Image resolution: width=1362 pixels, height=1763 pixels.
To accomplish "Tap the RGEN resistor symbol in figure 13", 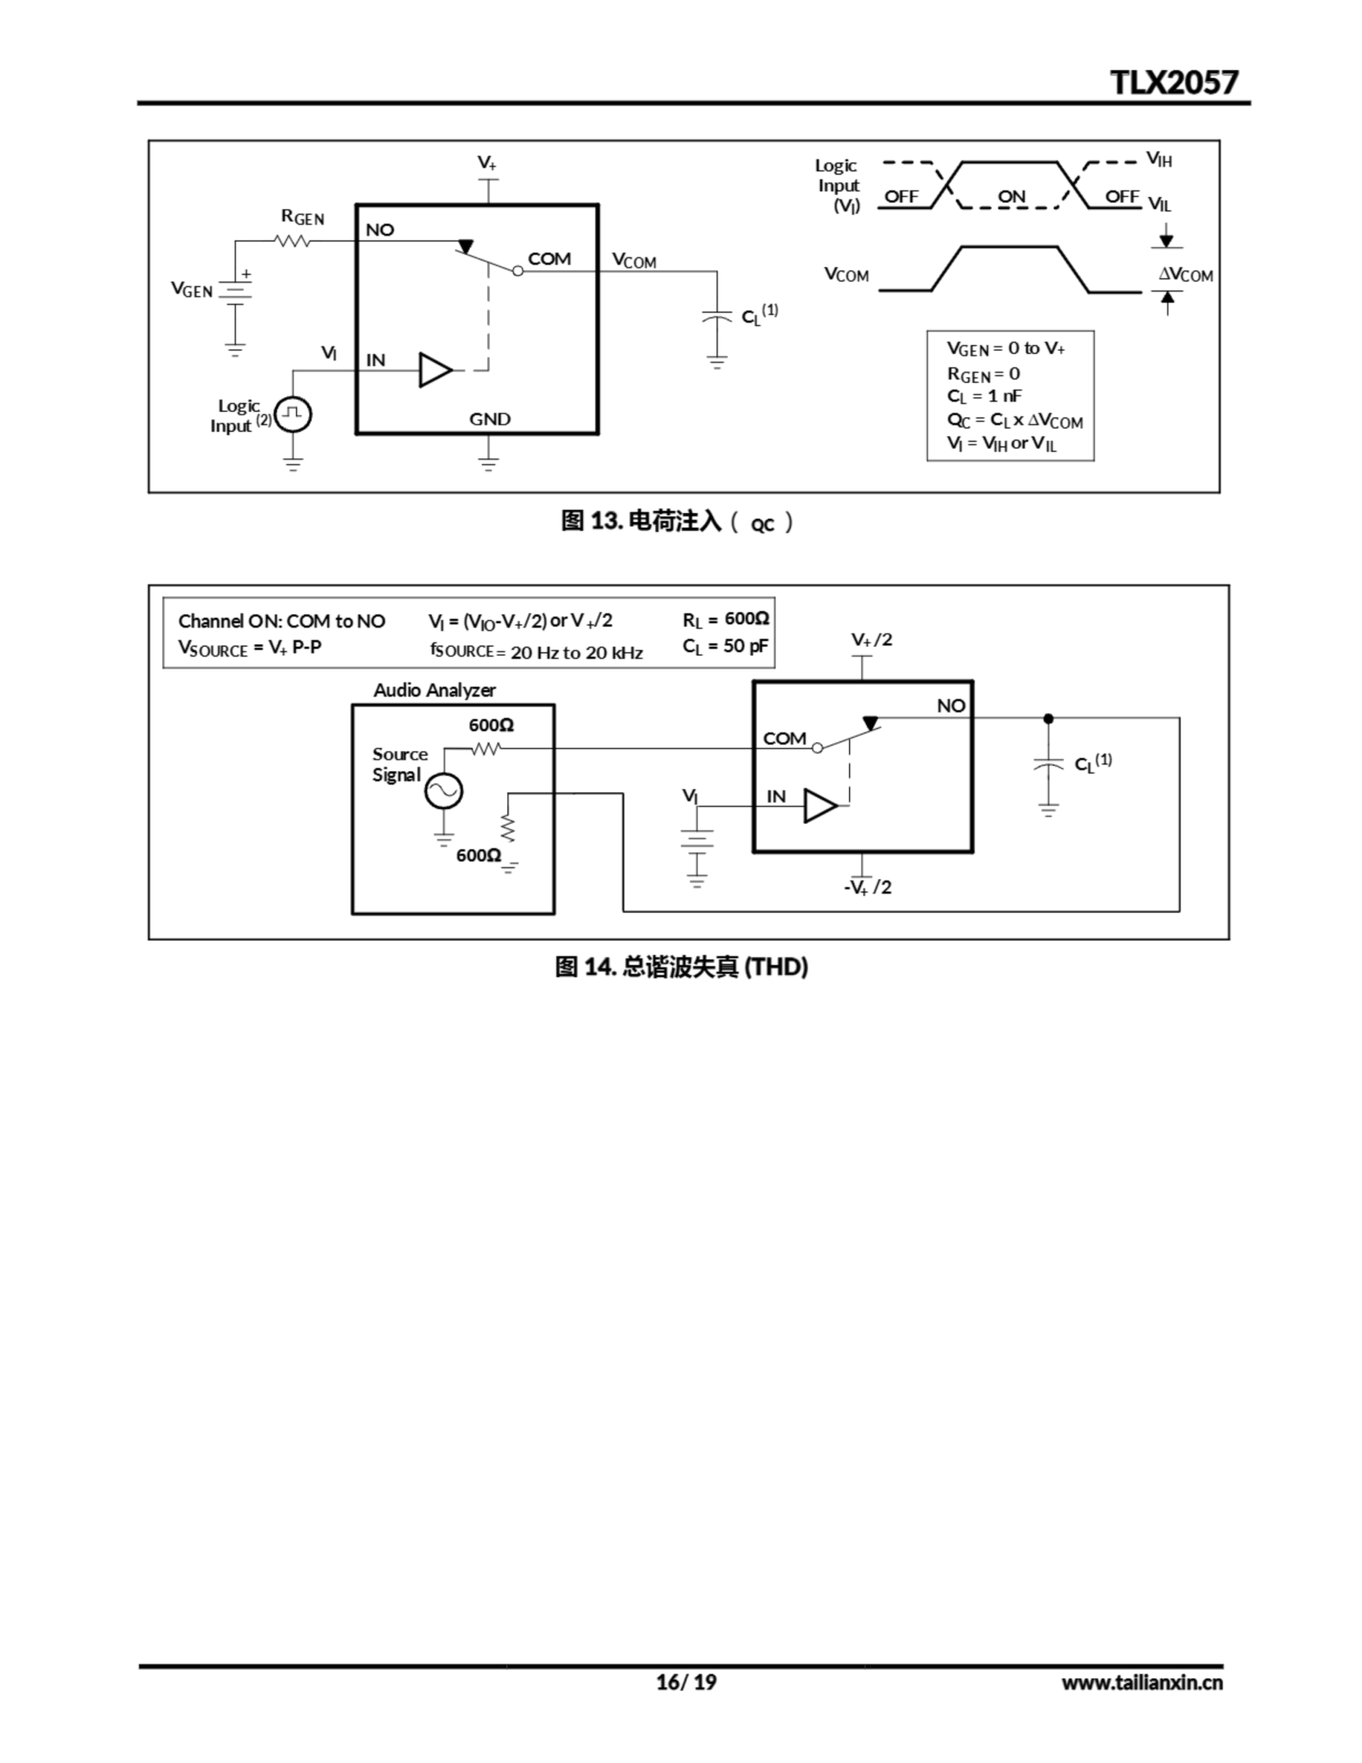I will pos(292,240).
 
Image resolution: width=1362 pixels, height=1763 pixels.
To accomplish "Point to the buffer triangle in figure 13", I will pos(434,371).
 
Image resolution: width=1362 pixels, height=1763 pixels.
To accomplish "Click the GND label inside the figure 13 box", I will pos(490,419).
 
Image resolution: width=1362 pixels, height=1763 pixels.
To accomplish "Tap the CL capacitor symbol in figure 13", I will pos(716,315).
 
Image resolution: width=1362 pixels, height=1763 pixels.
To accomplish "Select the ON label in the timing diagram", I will pos(1011,196).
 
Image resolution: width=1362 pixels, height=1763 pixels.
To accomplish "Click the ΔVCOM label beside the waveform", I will pos(1185,275).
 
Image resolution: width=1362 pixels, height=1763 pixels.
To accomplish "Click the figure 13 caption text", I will pos(677,521).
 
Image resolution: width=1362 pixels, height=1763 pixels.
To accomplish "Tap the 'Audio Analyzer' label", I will pos(434,690).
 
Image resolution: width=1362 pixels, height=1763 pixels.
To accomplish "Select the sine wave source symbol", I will pos(443,791).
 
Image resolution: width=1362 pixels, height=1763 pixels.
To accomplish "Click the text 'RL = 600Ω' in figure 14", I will pos(725,619).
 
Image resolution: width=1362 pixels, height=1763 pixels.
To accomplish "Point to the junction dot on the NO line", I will pos(1048,718).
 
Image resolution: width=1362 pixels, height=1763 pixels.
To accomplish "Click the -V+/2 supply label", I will pos(867,887).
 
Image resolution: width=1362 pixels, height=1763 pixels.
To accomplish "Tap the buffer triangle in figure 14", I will pos(819,806).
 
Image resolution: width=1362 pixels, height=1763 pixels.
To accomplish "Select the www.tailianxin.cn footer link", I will pos(1142,1682).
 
